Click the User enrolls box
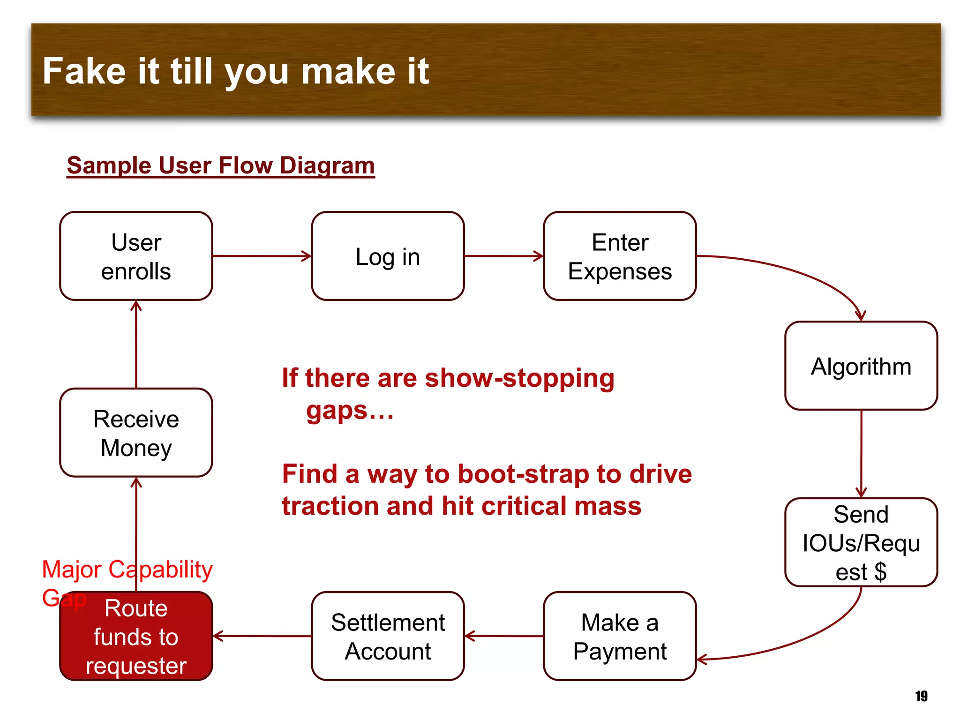pyautogui.click(x=136, y=256)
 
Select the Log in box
pyautogui.click(x=388, y=256)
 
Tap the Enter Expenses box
pyautogui.click(x=620, y=256)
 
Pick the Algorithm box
pyautogui.click(x=861, y=366)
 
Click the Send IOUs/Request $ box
pyautogui.click(x=861, y=542)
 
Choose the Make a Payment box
pyautogui.click(x=620, y=636)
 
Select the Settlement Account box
pyautogui.click(x=388, y=636)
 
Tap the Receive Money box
pyautogui.click(x=136, y=433)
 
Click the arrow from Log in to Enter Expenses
pyautogui.click(x=503, y=256)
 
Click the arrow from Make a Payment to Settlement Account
pyautogui.click(x=503, y=636)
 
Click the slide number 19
pyautogui.click(x=921, y=696)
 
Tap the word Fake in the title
pyautogui.click(x=84, y=71)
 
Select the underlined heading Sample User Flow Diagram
pyautogui.click(x=220, y=165)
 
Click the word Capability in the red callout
pyautogui.click(x=160, y=570)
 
